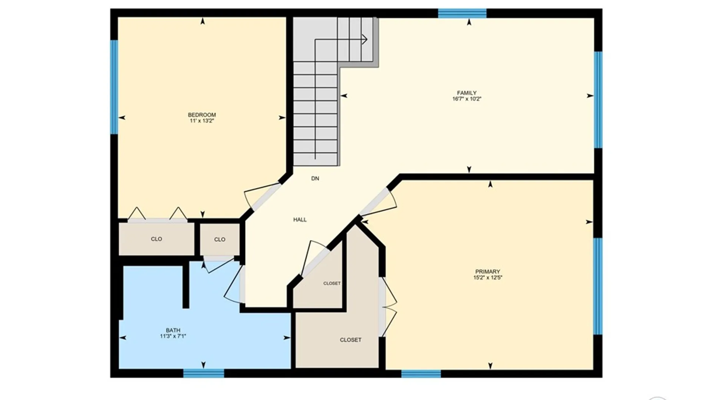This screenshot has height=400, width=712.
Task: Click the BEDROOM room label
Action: [202, 115]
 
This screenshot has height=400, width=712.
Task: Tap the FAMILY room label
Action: [467, 93]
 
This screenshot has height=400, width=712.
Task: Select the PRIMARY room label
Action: [488, 271]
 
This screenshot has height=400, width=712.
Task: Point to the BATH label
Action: [173, 330]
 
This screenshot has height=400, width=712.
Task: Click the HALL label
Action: [300, 220]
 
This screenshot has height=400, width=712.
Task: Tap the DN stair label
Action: [315, 179]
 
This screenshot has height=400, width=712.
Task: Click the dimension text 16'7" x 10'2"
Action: [467, 99]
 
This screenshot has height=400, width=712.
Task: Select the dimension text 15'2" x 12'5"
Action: [488, 277]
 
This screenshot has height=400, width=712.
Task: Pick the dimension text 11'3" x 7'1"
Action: [173, 336]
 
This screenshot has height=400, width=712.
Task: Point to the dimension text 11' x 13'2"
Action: [202, 121]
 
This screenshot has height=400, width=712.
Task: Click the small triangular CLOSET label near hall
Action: [332, 283]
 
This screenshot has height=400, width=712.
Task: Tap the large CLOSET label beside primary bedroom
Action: [350, 340]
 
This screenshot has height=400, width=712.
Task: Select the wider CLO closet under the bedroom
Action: [156, 239]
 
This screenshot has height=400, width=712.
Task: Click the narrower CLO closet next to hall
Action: [220, 240]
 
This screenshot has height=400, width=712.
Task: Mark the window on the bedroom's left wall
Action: [114, 87]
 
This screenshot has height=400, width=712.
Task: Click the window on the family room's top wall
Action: [462, 13]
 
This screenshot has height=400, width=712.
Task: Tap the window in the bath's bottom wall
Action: [204, 373]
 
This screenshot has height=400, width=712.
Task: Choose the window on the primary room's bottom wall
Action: [421, 373]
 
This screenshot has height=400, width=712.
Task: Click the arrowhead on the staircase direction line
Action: [365, 39]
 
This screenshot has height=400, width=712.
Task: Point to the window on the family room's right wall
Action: [598, 100]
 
